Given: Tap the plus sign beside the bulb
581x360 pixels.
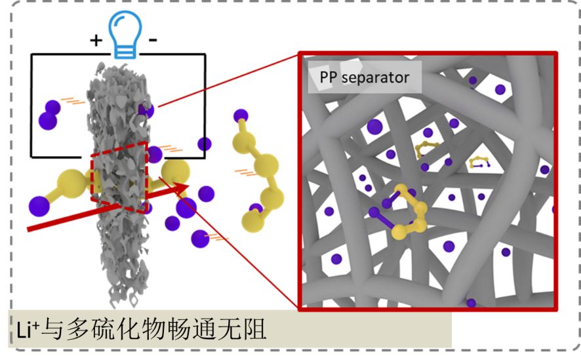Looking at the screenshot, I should coord(96,41).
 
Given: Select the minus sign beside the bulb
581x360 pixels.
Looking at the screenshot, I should coord(152,41).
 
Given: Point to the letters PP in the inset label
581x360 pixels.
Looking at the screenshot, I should coord(330,78).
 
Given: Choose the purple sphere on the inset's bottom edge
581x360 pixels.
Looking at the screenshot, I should coord(471,302).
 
